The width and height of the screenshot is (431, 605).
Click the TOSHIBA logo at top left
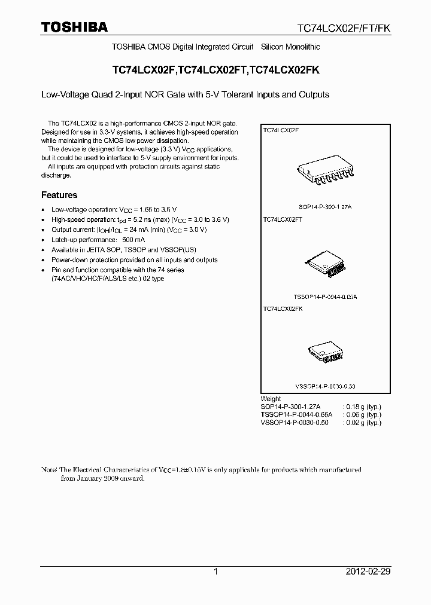[74, 27]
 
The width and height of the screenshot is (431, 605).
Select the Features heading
[59, 195]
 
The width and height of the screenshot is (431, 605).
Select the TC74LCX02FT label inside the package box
[283, 219]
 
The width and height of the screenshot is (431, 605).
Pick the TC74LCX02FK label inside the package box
[283, 309]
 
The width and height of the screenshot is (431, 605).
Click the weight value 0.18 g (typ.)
[363, 407]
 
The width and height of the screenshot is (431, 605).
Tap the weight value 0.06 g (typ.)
[363, 414]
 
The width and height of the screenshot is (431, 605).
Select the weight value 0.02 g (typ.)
[363, 423]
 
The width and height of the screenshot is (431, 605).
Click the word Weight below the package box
[271, 399]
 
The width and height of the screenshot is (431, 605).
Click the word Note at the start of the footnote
[48, 470]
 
